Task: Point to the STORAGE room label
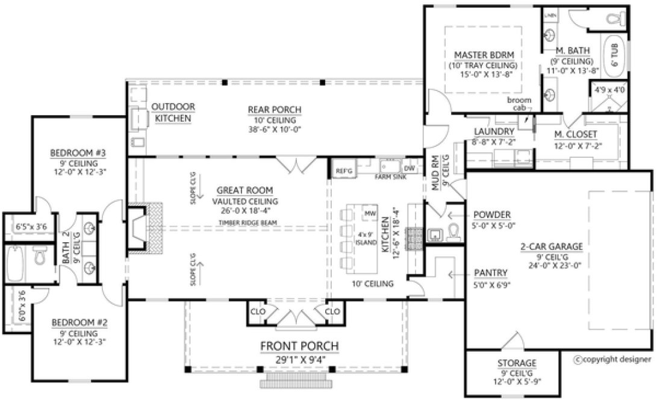(x=517, y=363)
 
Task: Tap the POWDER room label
(x=492, y=214)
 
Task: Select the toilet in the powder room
(x=454, y=231)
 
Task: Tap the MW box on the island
(x=369, y=214)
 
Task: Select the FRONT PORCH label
(x=299, y=346)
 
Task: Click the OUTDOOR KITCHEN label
(x=173, y=113)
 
